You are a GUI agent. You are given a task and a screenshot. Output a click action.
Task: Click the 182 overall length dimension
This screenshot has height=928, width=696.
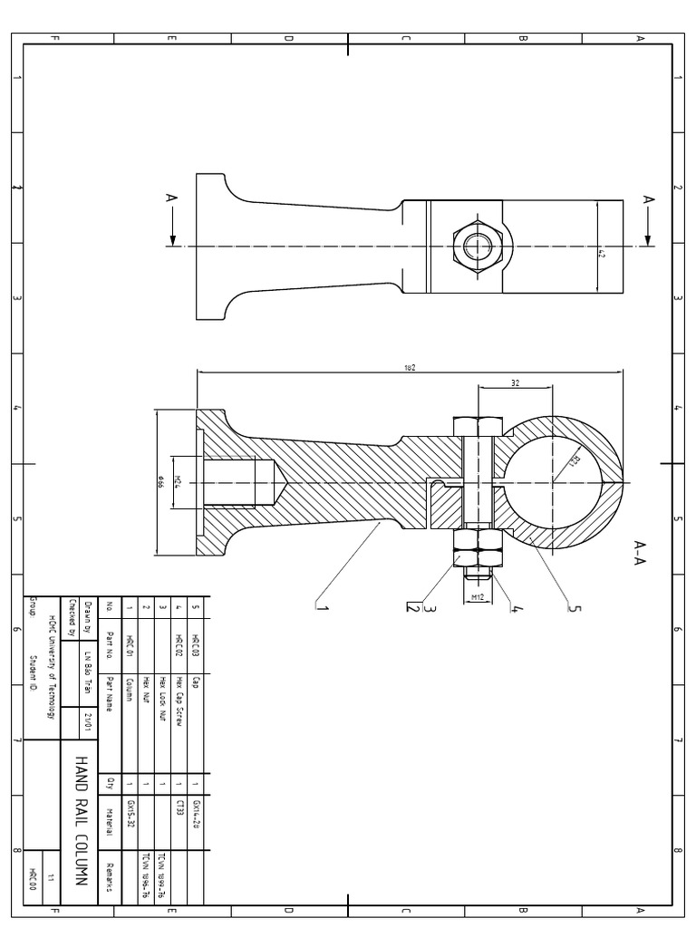point(410,367)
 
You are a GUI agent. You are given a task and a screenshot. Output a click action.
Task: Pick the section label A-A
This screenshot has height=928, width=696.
point(641,549)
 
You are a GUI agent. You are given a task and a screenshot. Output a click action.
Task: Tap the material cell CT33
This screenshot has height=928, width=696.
point(179,807)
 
